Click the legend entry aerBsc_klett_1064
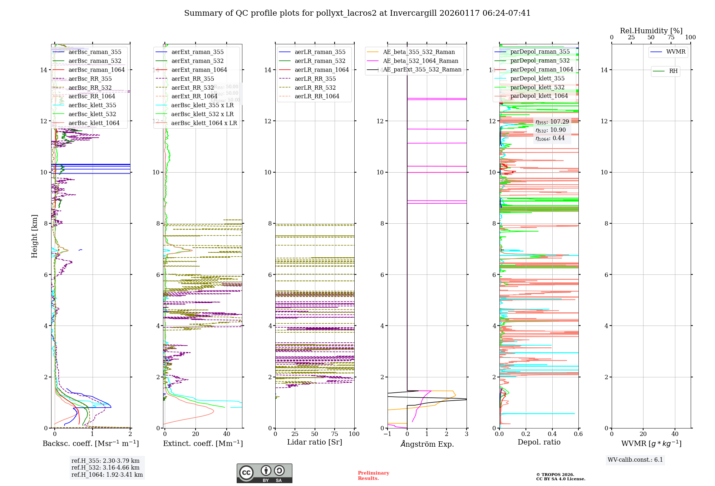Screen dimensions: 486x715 (94, 123)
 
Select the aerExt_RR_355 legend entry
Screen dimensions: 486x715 (192, 79)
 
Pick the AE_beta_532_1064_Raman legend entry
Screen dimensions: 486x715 (420, 61)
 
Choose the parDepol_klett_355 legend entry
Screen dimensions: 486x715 (537, 79)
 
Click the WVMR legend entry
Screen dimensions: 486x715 (675, 52)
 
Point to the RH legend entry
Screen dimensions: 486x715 (673, 71)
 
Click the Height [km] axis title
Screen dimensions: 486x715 (34, 236)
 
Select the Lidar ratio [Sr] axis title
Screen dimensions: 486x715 (314, 442)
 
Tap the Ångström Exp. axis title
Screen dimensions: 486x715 (427, 444)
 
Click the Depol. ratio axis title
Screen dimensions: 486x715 (539, 442)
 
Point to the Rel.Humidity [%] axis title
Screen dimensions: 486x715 (651, 31)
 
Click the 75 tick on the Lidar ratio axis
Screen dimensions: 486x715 (335, 434)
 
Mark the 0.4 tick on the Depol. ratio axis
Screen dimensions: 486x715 (552, 434)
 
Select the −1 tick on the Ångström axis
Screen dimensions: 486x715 (387, 434)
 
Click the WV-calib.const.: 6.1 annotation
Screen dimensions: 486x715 (635, 460)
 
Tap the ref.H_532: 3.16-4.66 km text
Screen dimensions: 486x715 (105, 468)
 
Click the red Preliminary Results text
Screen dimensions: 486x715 (373, 476)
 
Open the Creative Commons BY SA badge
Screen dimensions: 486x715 (264, 473)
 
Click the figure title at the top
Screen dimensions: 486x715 (357, 13)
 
